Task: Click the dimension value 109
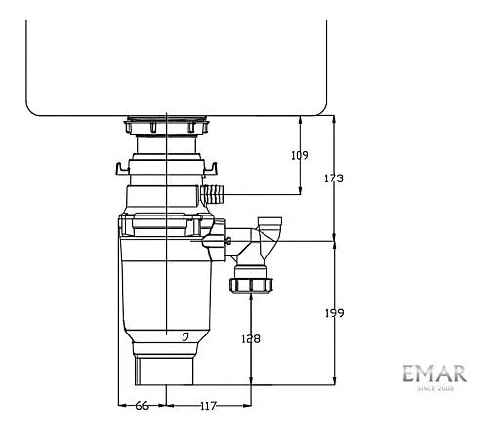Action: (x=300, y=155)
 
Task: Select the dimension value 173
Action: (x=334, y=178)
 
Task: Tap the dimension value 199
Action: (x=335, y=313)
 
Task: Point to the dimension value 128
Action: (x=251, y=339)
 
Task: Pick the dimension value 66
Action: (x=142, y=406)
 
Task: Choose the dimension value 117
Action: (x=208, y=406)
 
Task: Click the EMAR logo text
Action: (x=434, y=373)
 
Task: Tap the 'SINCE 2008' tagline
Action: (x=435, y=388)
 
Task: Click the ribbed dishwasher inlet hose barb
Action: (x=213, y=194)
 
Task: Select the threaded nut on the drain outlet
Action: (x=251, y=285)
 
